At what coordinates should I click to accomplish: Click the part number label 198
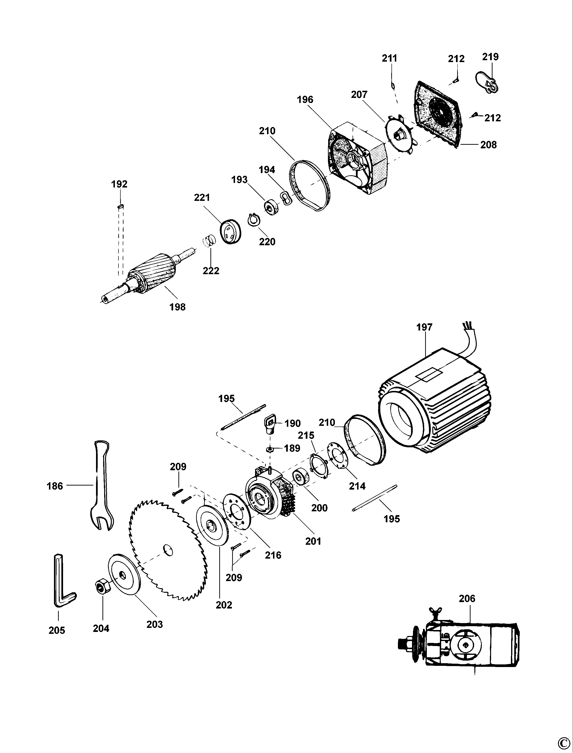coord(177,307)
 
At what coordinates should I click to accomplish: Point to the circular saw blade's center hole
coord(167,549)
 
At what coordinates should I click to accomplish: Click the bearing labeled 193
coord(272,208)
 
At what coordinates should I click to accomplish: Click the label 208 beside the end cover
coord(488,144)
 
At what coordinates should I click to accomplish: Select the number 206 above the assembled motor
coord(467,598)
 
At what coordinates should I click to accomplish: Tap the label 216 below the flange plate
coord(273,555)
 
